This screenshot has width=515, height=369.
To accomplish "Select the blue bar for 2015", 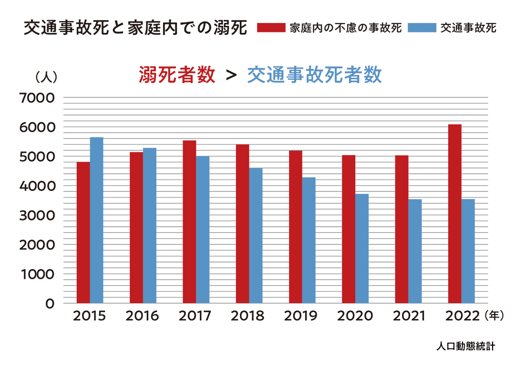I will [97, 220].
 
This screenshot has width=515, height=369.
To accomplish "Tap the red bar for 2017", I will [189, 221].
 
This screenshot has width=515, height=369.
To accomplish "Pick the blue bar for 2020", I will [362, 248].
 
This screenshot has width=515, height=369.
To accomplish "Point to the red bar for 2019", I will [295, 227].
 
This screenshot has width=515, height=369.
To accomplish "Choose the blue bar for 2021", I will [415, 251].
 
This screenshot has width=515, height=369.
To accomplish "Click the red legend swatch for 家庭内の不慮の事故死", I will [271, 28].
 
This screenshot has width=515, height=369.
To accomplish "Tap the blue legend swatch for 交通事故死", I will [422, 28].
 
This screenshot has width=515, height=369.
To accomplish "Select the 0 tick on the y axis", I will [50, 303].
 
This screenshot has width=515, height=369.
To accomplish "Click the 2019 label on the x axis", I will [300, 316].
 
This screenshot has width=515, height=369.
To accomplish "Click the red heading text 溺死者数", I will [177, 75].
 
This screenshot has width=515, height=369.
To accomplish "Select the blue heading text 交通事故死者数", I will [314, 75].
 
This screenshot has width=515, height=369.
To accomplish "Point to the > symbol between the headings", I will [231, 75].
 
